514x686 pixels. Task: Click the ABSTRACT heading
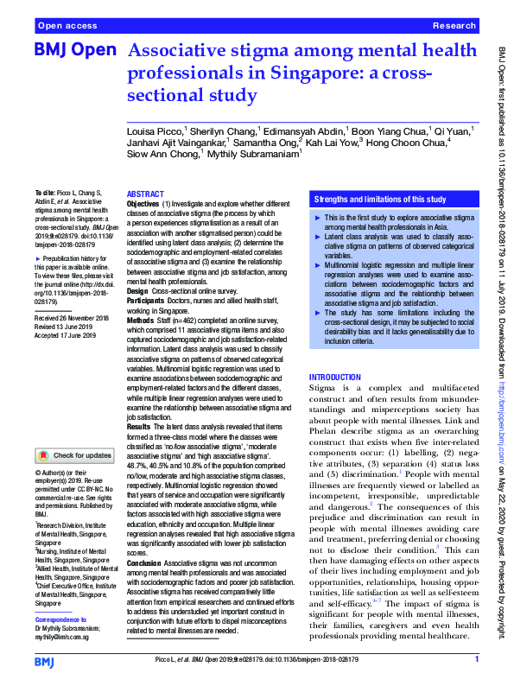tap(145, 195)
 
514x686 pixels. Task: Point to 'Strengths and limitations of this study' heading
tap(379, 199)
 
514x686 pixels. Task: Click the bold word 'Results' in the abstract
tap(140, 427)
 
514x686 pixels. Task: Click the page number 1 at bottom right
tap(476, 659)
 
